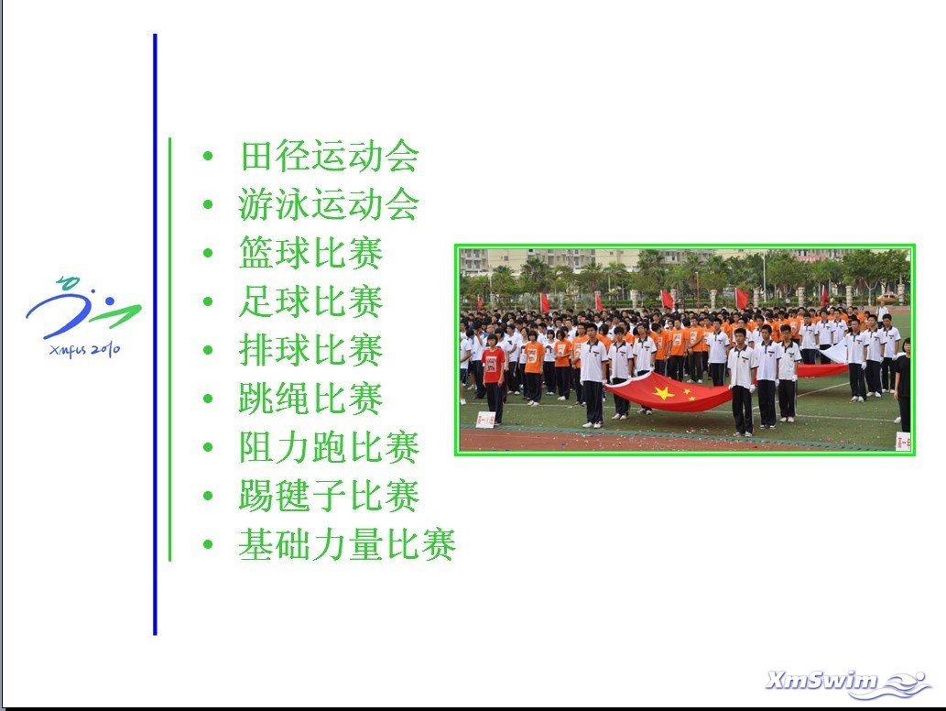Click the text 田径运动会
coord(330,156)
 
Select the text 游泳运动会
coord(330,204)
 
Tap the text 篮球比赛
coord(311,252)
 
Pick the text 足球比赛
coord(311,301)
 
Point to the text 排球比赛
coord(311,349)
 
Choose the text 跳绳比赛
coord(311,399)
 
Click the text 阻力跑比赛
coord(330,447)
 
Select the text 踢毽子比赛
coord(330,496)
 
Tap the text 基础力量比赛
coord(347,544)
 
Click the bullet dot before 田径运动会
coord(208,157)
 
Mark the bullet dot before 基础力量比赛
coord(208,545)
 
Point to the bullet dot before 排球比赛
coord(208,350)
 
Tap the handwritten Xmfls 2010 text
coord(84,349)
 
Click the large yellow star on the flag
coord(663,393)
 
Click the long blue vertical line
coord(155,334)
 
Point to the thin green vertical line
coord(170,349)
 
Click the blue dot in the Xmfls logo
coord(109,301)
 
